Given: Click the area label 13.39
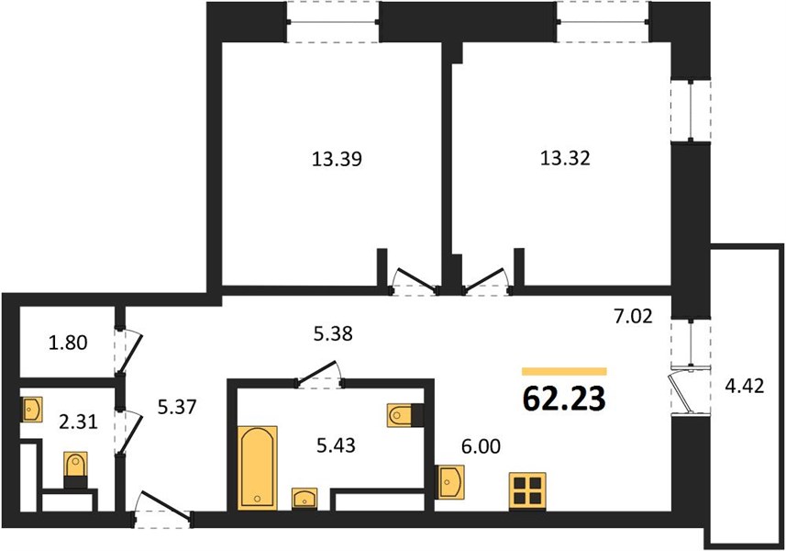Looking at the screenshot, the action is pos(337,159).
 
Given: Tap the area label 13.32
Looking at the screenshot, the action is pos(565,158).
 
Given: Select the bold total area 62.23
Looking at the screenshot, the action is pos(564,399).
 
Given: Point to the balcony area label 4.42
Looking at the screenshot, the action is pos(745,386).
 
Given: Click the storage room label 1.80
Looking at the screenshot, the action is pos(68,343).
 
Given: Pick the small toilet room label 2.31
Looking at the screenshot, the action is pos(78,422).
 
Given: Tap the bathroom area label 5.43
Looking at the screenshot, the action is pos(336,445).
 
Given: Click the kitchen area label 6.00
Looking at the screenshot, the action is pos(481,446).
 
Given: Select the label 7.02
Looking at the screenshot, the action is pos(633,317).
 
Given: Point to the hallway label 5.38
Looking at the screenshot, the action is pos(333,333).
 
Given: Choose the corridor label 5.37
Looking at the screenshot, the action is pos(177,408).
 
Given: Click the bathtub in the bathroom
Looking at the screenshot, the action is pos(257,467).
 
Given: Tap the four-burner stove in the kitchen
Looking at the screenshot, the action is pos(527,490).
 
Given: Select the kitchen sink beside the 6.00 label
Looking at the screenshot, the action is pos(449,481).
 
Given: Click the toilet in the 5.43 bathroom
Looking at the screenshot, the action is pos(405,414).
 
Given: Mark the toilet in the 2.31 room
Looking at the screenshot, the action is pos(76,469).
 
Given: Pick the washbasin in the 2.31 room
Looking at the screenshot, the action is pos(31,410).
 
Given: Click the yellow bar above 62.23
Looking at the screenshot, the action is pos(564,371).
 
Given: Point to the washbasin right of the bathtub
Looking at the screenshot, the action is pos(304,498).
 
